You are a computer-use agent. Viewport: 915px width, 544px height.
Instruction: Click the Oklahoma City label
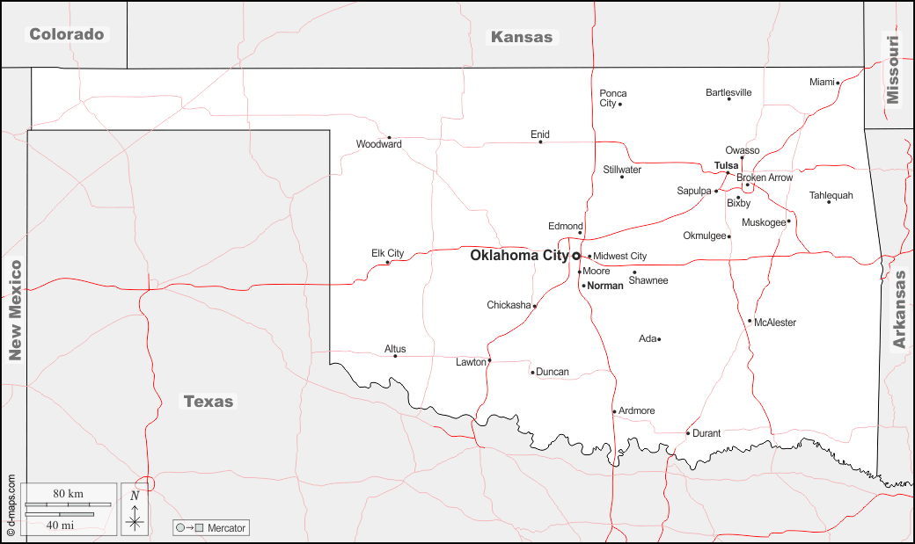coord(519,256)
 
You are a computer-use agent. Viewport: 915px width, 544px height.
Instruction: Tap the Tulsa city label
coord(726,165)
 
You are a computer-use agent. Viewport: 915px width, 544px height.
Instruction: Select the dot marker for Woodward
coord(389,137)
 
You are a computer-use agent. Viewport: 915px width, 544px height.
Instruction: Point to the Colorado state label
coord(67,34)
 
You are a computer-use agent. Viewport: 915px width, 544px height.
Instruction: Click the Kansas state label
coord(522,37)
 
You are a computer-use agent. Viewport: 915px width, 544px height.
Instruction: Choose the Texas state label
coord(209,402)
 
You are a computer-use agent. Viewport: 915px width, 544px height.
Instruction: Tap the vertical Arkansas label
coord(899,309)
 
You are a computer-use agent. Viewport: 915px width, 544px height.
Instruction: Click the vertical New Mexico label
coord(14,310)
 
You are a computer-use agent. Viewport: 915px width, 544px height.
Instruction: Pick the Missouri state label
coord(894,69)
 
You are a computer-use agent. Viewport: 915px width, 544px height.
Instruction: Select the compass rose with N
coord(135,510)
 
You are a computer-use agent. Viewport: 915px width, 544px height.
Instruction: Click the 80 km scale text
coord(68,494)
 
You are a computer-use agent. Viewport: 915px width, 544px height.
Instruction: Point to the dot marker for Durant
coord(688,432)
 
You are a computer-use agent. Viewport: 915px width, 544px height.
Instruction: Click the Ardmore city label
coord(637,410)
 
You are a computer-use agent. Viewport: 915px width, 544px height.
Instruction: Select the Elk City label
coord(387,253)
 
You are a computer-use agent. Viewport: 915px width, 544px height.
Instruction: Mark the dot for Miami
coord(838,83)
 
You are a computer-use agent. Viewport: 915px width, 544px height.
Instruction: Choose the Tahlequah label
coord(831,195)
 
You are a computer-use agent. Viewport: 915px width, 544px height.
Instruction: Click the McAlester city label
coord(775,323)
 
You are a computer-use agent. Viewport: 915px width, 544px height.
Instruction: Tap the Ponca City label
coord(613,98)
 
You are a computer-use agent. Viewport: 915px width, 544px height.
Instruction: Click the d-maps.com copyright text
coord(11,506)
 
